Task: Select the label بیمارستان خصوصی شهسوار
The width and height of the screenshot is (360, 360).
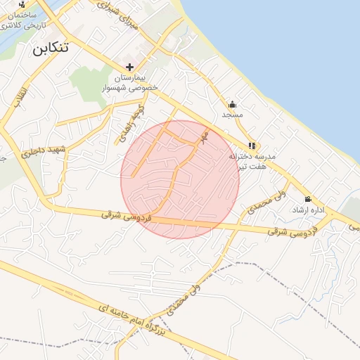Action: click(139, 82)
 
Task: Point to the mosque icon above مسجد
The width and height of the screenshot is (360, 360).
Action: click(232, 104)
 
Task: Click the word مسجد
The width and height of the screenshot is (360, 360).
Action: click(232, 114)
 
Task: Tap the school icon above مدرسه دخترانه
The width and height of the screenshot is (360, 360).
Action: click(252, 146)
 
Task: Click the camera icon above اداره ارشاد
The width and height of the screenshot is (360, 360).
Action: click(307, 199)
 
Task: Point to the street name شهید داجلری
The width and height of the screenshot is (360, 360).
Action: click(41, 150)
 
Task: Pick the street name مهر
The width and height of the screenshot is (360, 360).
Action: click(204, 136)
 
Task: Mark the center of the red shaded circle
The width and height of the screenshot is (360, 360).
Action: click(180, 179)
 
